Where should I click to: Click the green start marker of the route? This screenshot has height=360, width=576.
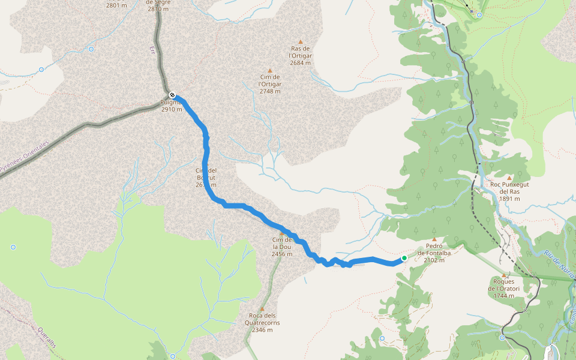coord(404,258)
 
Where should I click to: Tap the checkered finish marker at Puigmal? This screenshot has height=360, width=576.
coord(172,95)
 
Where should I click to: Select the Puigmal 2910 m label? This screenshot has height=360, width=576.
coord(171,106)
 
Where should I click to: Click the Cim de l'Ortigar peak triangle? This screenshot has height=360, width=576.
coord(270,70)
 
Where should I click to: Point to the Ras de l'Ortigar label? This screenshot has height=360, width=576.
coord(300,55)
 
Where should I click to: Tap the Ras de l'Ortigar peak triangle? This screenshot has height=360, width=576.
coord(301,41)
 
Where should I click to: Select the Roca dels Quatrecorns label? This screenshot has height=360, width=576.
coord(263,323)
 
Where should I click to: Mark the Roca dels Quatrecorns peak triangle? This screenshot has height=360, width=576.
coord(262,309)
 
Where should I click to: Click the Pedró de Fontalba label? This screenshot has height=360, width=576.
coord(434,253)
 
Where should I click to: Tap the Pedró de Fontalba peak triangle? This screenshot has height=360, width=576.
coord(434,239)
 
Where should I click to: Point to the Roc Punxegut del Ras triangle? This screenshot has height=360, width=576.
coord(509,178)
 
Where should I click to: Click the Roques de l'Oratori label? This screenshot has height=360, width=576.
coord(504,288)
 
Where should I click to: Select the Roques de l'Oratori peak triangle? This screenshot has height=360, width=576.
coord(504,275)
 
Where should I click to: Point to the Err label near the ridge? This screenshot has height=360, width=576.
coord(151,49)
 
